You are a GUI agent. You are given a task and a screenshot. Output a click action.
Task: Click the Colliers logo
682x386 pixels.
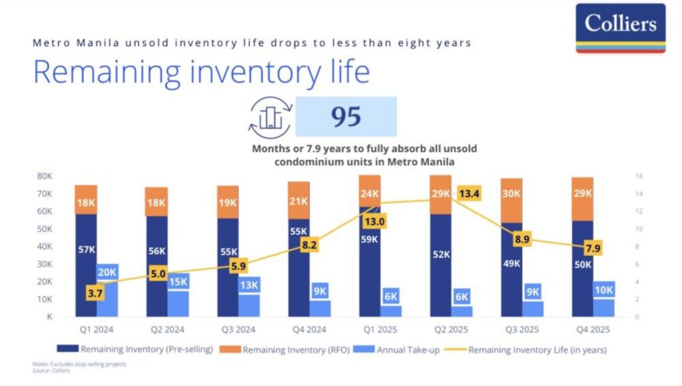pyautogui.click(x=620, y=27)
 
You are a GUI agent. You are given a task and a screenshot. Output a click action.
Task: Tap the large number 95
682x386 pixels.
pyautogui.click(x=346, y=117)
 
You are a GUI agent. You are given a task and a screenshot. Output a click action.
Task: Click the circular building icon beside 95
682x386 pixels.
pyautogui.click(x=270, y=117)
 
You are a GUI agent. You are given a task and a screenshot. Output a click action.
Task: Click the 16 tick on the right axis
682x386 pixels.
pyautogui.click(x=639, y=177)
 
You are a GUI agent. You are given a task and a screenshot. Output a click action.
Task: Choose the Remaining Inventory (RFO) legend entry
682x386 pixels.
pyautogui.click(x=287, y=349)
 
